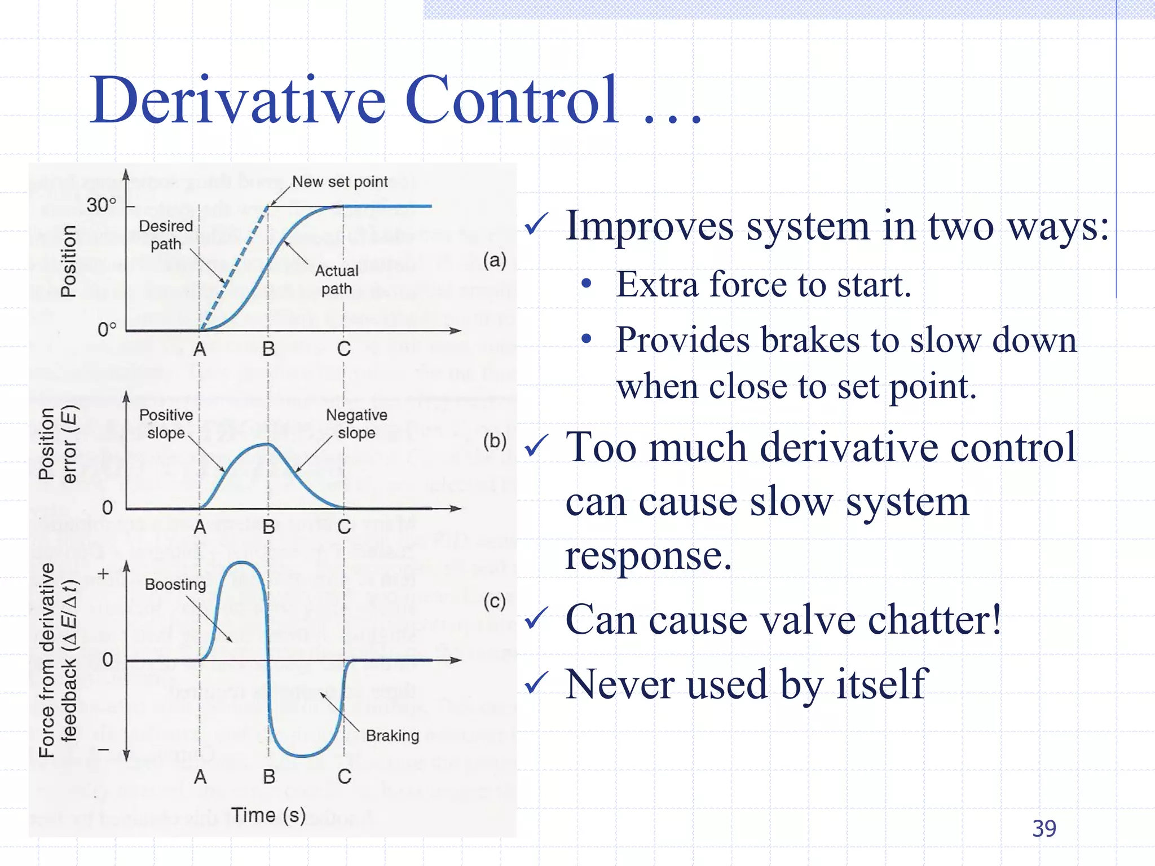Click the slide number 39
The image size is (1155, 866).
click(x=1044, y=828)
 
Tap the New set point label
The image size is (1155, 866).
click(x=340, y=182)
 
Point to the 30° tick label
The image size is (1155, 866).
click(x=102, y=205)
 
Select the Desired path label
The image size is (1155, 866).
click(x=166, y=235)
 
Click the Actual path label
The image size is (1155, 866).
click(x=336, y=280)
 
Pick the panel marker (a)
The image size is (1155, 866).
click(x=495, y=260)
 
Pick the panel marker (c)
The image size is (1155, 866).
click(x=495, y=601)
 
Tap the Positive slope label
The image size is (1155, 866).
click(x=166, y=424)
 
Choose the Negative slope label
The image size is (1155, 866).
click(x=356, y=424)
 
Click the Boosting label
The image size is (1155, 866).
click(x=175, y=584)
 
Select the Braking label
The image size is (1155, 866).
click(x=393, y=736)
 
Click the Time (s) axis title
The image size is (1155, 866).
click(x=268, y=815)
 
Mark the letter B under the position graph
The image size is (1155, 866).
click(x=268, y=350)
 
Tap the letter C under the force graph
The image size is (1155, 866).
click(x=344, y=777)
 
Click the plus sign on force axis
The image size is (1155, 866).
click(x=103, y=574)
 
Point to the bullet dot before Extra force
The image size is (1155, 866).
click(x=587, y=284)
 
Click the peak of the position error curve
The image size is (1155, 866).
click(x=267, y=444)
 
